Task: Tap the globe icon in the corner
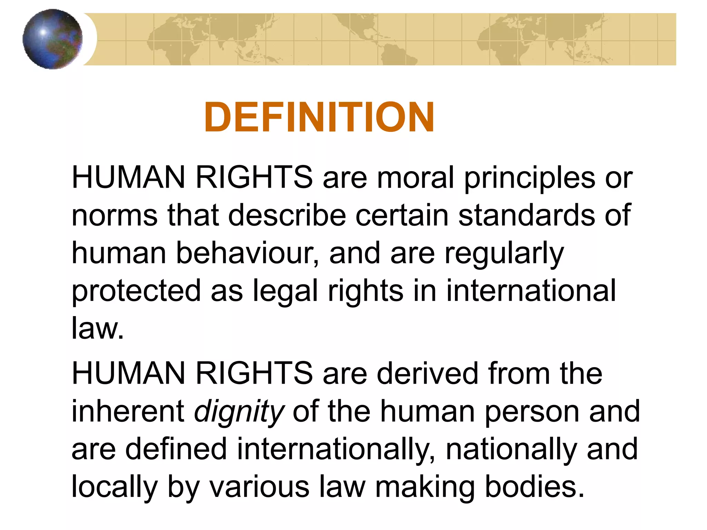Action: (52, 39)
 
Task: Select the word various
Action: (259, 487)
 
